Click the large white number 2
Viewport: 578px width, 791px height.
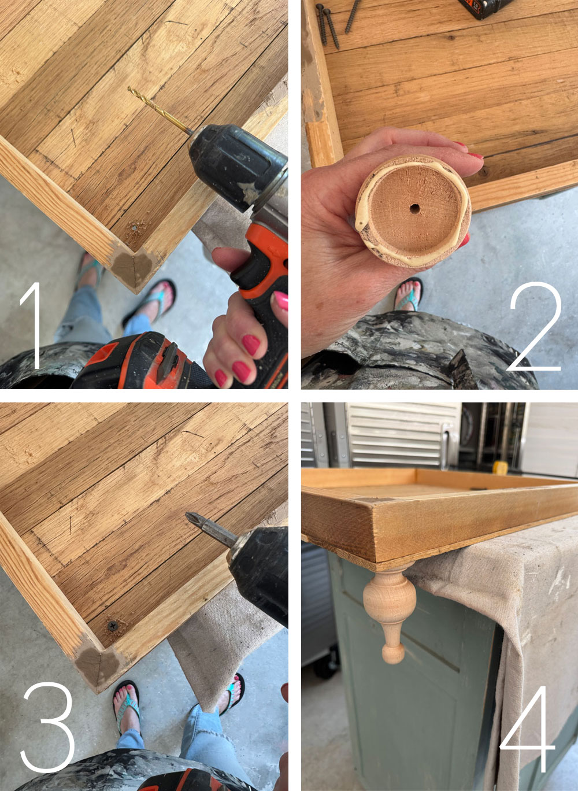(x=535, y=327)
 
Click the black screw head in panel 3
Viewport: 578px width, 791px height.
(x=112, y=626)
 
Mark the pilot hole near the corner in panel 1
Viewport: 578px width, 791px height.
(x=135, y=228)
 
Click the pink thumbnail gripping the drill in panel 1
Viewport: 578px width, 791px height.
(x=281, y=301)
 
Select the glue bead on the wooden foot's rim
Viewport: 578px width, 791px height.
(x=361, y=220)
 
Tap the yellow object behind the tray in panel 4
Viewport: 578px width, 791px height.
(x=500, y=467)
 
